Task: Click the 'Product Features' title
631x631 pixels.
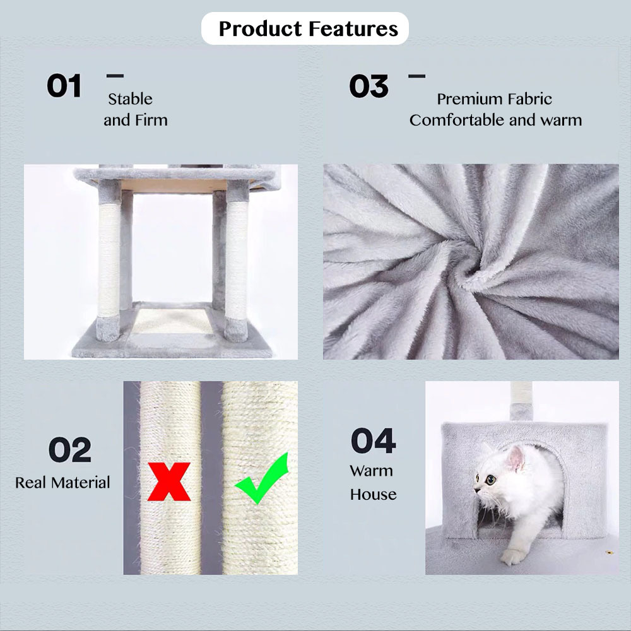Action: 309,28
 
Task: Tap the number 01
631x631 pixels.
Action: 64,86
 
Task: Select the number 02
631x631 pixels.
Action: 69,449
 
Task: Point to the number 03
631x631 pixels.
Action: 369,86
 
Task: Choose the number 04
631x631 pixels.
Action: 373,441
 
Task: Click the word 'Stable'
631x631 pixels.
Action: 130,99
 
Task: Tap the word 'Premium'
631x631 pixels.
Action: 466,99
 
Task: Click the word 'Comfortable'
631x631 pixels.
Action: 457,120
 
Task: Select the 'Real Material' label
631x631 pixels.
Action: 62,483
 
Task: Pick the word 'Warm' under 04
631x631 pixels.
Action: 371,471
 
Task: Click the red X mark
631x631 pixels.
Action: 169,481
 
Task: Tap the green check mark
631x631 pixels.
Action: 262,478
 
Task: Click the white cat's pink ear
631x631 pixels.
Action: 516,458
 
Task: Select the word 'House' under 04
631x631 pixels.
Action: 373,494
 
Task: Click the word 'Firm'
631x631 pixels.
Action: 151,120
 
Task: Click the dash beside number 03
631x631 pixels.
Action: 416,76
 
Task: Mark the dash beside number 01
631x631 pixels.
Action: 115,75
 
